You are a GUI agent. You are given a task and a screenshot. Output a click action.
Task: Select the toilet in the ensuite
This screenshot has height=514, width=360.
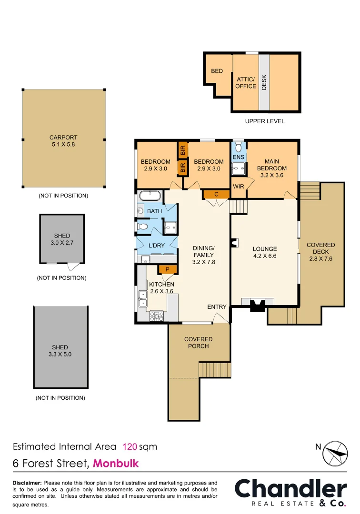click(239, 148)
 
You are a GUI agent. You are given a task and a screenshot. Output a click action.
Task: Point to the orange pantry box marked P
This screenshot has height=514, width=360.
click(167, 269)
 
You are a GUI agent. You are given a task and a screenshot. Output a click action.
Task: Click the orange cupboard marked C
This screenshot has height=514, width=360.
click(216, 194)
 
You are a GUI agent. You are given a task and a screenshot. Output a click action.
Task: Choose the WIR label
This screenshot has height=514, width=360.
click(239, 187)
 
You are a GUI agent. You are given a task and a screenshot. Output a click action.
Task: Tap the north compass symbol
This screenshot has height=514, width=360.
click(338, 454)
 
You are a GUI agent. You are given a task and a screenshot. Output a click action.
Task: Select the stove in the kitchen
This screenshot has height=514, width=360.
click(157, 316)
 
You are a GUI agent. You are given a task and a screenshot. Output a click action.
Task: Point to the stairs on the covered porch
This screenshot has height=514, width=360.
click(213, 370)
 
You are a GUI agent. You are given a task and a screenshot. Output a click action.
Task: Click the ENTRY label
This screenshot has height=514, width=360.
click(217, 307)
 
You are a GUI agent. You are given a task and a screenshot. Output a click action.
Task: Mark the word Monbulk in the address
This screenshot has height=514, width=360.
click(116, 463)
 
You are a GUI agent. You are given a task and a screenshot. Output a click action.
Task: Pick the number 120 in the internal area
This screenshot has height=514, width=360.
click(130, 447)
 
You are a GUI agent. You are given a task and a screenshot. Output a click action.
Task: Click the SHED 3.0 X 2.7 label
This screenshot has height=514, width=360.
click(62, 239)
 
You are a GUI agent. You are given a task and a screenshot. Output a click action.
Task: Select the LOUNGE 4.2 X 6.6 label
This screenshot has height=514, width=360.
click(264, 252)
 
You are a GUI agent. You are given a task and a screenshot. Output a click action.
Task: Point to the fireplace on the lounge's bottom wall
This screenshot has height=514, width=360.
click(257, 305)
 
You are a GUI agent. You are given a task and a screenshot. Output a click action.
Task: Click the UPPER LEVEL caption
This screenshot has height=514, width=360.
click(265, 121)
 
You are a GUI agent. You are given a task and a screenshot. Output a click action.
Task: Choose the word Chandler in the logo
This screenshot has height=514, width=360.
click(290, 490)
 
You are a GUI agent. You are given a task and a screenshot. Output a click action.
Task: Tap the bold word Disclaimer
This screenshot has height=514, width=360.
click(27, 483)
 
